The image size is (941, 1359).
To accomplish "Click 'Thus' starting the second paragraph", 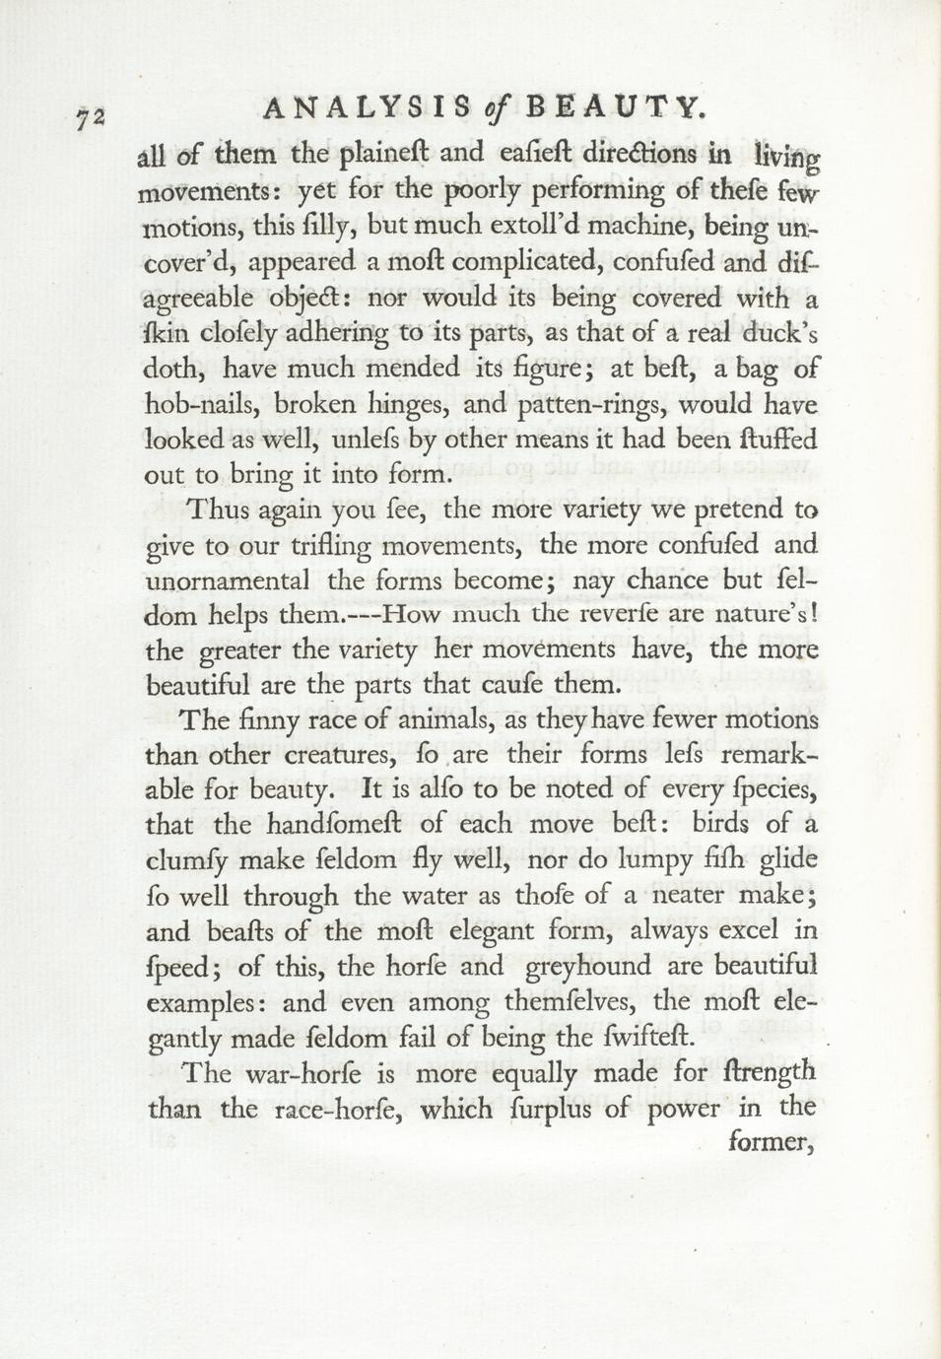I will pos(218,510).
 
